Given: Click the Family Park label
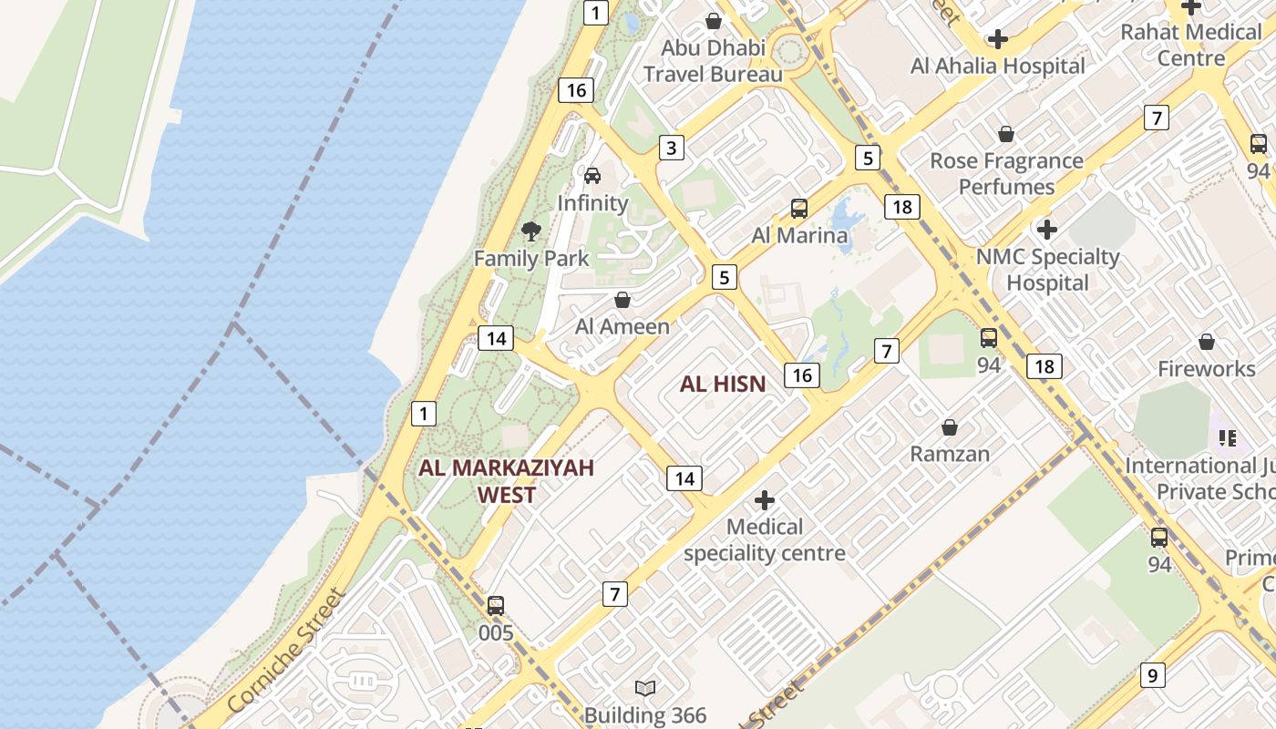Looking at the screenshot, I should (531, 258).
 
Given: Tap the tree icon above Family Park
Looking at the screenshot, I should (530, 231).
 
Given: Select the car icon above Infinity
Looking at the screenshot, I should (592, 175).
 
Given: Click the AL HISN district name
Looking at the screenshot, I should (723, 385).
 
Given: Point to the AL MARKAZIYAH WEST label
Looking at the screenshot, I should (506, 481).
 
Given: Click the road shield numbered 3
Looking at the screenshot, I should (672, 148).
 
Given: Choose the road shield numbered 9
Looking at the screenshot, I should (1153, 675).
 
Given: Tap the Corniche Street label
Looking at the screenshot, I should (286, 652).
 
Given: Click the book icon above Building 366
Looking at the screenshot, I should (645, 688).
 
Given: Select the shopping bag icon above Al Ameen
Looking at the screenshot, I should (623, 300).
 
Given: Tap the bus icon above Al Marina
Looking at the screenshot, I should (799, 209).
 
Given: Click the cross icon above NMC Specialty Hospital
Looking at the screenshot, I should (1047, 230).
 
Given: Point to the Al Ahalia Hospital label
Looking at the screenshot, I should (998, 66).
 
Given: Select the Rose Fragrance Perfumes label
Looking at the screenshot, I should (1006, 174).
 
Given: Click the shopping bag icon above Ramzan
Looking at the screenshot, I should (950, 427).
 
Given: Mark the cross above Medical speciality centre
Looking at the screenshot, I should (765, 500).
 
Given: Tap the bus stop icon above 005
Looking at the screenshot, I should (496, 606).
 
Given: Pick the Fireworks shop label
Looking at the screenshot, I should (1207, 369).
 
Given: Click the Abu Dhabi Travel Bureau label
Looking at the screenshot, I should (713, 61).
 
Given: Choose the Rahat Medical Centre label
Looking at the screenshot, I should (1191, 45).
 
